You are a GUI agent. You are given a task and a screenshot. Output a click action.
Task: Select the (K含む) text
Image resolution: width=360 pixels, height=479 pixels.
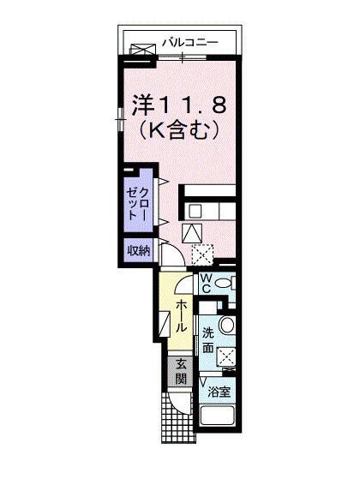(177, 131)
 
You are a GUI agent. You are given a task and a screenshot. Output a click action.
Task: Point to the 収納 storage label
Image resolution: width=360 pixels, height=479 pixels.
(140, 251)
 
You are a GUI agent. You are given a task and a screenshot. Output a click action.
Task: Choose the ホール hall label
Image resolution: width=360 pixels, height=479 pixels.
(183, 316)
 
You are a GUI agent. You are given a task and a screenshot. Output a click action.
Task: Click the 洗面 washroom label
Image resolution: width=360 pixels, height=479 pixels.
(209, 340)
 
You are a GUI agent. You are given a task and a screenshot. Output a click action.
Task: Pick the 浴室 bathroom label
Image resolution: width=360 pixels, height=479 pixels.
(219, 392)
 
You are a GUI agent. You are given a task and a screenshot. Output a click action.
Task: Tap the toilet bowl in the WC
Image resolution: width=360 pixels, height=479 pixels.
(225, 284)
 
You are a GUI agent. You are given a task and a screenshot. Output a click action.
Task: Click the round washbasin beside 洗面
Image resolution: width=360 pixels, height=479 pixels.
(228, 326)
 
